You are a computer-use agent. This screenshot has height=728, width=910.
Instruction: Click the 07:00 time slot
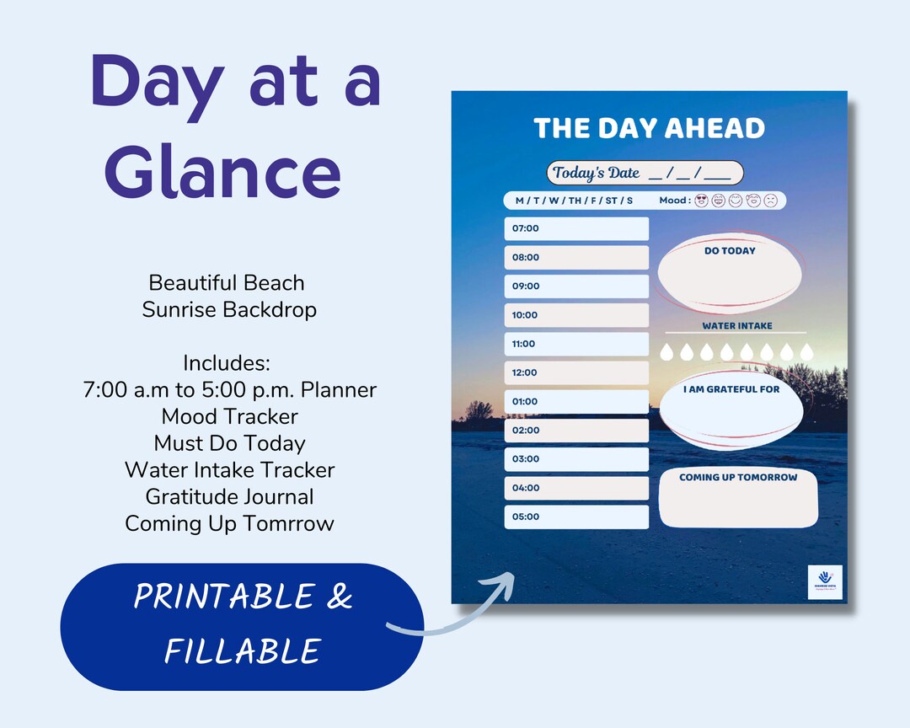point(576,228)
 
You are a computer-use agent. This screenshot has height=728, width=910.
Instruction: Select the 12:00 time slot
point(576,372)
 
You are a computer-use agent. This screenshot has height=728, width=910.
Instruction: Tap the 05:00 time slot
point(576,517)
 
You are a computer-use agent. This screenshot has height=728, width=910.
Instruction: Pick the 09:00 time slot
point(576,286)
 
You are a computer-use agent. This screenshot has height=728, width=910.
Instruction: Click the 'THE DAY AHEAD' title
point(649,128)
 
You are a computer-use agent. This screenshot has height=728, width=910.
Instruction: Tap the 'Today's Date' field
point(645,173)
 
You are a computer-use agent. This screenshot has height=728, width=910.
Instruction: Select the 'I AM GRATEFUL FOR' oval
point(731,411)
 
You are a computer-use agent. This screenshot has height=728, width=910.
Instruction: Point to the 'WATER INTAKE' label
point(737,325)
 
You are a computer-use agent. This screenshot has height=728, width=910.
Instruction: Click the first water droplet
point(668,351)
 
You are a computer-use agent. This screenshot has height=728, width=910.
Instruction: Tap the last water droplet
point(807,351)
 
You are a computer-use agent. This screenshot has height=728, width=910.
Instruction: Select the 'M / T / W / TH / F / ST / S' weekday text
point(574,201)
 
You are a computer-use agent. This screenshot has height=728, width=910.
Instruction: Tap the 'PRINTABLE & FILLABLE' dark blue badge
point(242,624)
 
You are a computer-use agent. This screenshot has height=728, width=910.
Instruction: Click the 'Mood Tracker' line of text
point(229,416)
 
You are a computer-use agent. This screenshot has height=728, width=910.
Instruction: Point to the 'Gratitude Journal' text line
point(229,496)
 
